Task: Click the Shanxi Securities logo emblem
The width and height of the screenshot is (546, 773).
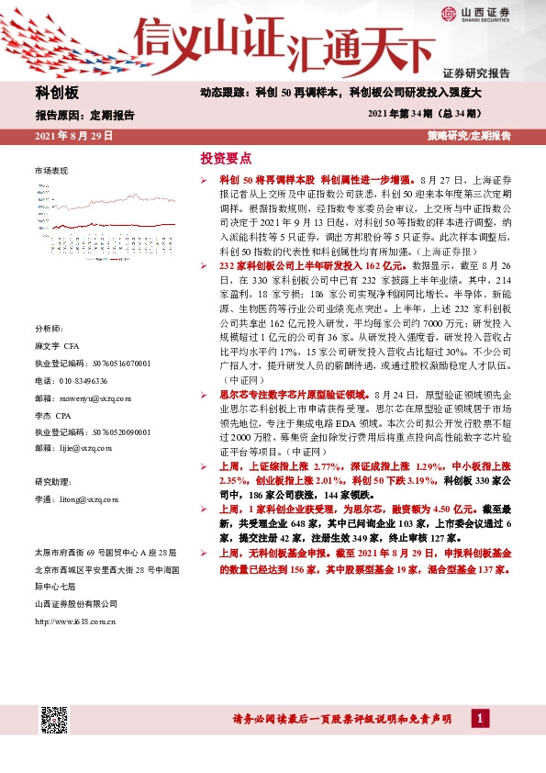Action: tap(450, 14)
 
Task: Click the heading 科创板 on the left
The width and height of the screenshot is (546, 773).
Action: tap(58, 93)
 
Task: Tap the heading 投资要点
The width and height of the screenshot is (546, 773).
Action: tap(226, 157)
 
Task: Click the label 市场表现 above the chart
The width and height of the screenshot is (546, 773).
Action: tap(50, 172)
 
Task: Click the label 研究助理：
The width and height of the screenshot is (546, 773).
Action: tap(53, 482)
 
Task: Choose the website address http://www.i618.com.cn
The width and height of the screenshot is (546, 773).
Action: tap(74, 622)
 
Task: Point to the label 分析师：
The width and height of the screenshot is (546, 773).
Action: tap(50, 329)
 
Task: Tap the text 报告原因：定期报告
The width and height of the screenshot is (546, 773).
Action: tap(84, 116)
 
